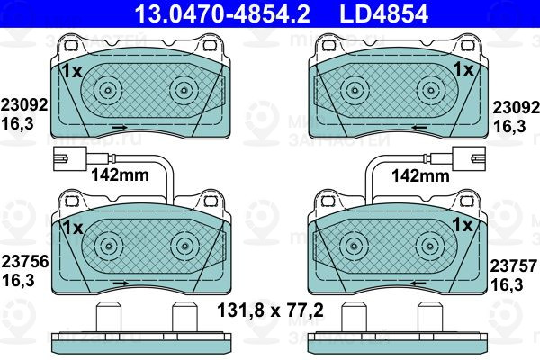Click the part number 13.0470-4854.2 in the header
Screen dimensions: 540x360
pos(222,13)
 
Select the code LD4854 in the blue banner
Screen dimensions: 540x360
pos(383,13)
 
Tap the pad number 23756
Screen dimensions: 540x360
pos(25,262)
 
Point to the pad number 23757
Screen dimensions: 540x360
pos(514,266)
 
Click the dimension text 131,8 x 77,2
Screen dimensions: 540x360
pos(270,310)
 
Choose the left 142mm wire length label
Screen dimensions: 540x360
pos(120,175)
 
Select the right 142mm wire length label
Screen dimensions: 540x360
pos(421,175)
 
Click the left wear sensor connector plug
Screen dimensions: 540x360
pos(70,158)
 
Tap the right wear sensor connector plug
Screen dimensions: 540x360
pos(470,158)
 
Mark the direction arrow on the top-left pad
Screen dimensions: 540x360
pos(121,128)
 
